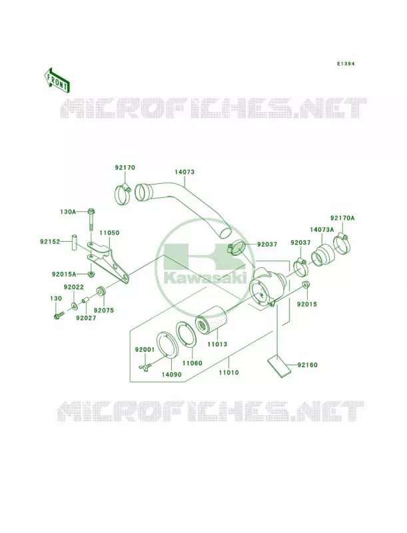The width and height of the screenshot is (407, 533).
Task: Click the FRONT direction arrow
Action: click(x=57, y=81)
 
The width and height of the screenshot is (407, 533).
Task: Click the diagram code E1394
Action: click(x=346, y=63)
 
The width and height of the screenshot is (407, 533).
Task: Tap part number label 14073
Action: click(x=185, y=172)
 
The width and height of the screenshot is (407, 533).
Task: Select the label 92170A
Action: click(x=342, y=218)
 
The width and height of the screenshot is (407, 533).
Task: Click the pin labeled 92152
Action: click(x=74, y=243)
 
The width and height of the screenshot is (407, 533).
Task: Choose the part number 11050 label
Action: click(x=109, y=233)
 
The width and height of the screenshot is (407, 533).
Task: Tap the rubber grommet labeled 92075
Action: click(x=101, y=292)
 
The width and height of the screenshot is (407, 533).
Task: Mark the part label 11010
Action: click(x=228, y=372)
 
